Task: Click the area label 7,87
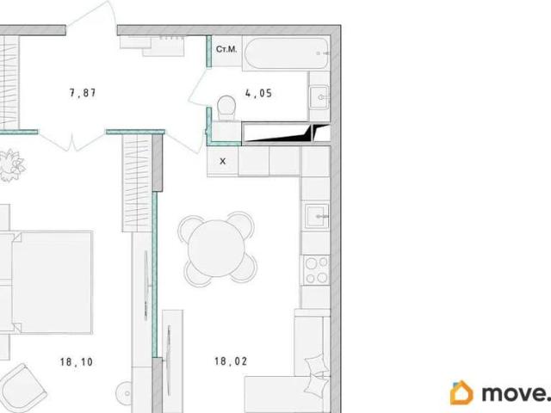coord(83,93)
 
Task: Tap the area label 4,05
coord(258,93)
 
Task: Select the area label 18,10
coord(77,361)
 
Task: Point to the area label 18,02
coord(231,361)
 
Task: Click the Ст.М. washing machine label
coord(226,49)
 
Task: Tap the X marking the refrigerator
coord(222,162)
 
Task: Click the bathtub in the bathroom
coord(287,53)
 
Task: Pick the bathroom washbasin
coord(319,97)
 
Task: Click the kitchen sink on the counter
coord(317,216)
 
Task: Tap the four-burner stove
coord(316,270)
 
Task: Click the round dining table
coord(216,249)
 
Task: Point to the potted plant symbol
coord(10,165)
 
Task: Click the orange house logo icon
coord(461,392)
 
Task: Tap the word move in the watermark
coord(513,394)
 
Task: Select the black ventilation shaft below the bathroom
coord(286,133)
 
